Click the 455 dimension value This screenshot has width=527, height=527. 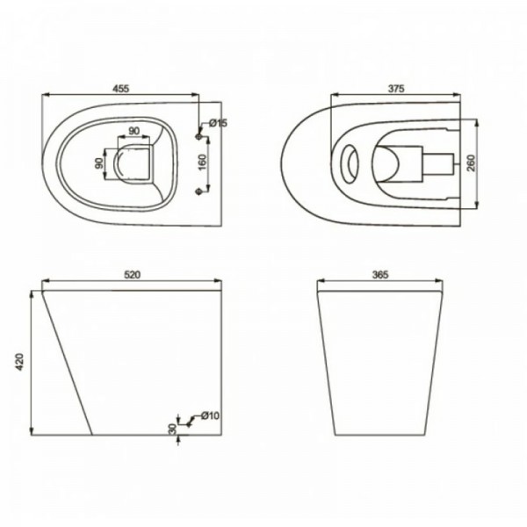point(120,89)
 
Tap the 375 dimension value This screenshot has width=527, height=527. point(396,89)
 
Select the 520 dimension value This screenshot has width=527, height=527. point(132,275)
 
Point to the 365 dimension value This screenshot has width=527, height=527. point(380,275)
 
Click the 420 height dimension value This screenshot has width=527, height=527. point(20,362)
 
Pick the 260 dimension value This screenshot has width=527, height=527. point(471,163)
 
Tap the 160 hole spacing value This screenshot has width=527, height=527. point(202,162)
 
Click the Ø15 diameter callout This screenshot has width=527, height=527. point(218,123)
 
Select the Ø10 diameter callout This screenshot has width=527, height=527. point(210,415)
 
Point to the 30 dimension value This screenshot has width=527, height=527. point(172,429)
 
